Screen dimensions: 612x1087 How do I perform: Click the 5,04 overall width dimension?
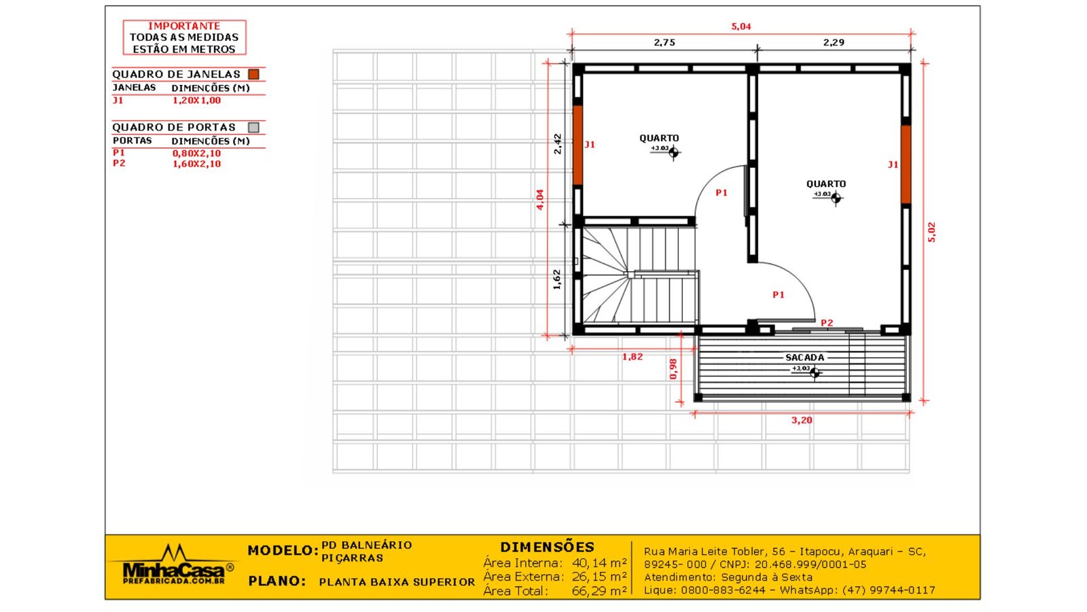(x=741, y=27)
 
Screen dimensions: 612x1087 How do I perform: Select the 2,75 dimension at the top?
(x=664, y=42)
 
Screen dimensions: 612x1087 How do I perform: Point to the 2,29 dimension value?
(x=834, y=42)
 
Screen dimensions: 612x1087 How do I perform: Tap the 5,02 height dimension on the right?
(x=932, y=232)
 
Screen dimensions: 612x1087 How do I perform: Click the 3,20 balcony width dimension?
(x=802, y=420)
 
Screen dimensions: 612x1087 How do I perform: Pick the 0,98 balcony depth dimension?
(x=673, y=369)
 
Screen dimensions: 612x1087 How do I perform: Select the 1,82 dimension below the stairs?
(x=632, y=356)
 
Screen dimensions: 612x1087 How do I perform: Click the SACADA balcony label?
(x=805, y=357)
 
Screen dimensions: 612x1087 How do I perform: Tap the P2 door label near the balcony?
(x=827, y=323)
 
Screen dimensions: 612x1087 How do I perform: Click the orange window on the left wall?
(x=577, y=145)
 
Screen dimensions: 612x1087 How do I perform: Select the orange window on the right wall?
(x=906, y=164)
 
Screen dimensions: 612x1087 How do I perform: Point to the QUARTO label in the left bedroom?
(x=659, y=138)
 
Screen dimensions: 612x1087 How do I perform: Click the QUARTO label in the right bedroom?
(x=826, y=184)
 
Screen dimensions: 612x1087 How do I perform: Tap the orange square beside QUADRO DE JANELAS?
(x=253, y=74)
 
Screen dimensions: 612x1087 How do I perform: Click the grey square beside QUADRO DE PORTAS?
(x=253, y=127)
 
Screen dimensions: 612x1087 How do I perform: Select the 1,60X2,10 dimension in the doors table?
(x=196, y=164)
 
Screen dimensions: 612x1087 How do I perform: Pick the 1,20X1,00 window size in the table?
(x=196, y=100)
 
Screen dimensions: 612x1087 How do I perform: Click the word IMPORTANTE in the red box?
(x=184, y=26)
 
